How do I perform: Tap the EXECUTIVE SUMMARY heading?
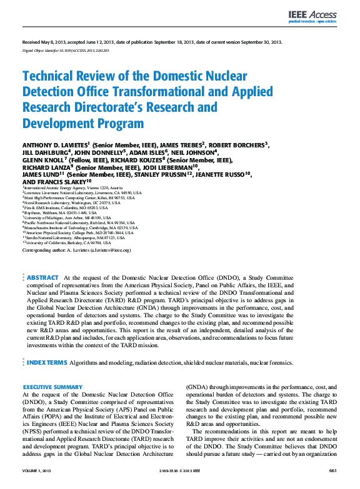click(52, 387)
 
